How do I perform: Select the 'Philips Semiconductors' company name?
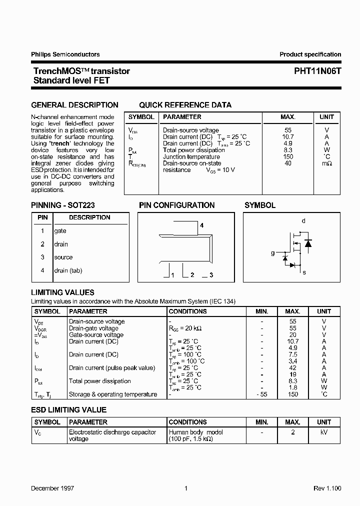pyautogui.click(x=65, y=54)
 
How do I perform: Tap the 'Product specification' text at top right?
pyautogui.click(x=310, y=54)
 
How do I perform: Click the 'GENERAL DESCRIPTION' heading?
pyautogui.click(x=74, y=105)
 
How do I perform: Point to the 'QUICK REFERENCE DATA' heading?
pyautogui.click(x=185, y=105)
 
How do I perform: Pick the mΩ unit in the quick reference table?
pyautogui.click(x=326, y=163)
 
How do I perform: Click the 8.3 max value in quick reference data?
pyautogui.click(x=287, y=150)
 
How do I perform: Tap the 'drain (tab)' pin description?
pyautogui.click(x=68, y=270)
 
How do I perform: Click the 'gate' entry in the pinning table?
pyautogui.click(x=60, y=231)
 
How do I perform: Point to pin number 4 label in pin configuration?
pyautogui.click(x=201, y=225)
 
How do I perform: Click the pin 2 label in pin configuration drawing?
pyautogui.click(x=192, y=275)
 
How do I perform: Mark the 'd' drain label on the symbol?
pyautogui.click(x=303, y=221)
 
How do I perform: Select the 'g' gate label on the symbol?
pyautogui.click(x=272, y=253)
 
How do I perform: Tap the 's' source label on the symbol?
pyautogui.click(x=304, y=272)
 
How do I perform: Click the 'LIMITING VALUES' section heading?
pyautogui.click(x=62, y=292)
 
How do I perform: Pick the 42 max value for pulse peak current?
pyautogui.click(x=293, y=368)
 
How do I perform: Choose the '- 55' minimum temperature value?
pyautogui.click(x=261, y=394)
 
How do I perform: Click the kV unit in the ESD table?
pyautogui.click(x=324, y=432)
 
